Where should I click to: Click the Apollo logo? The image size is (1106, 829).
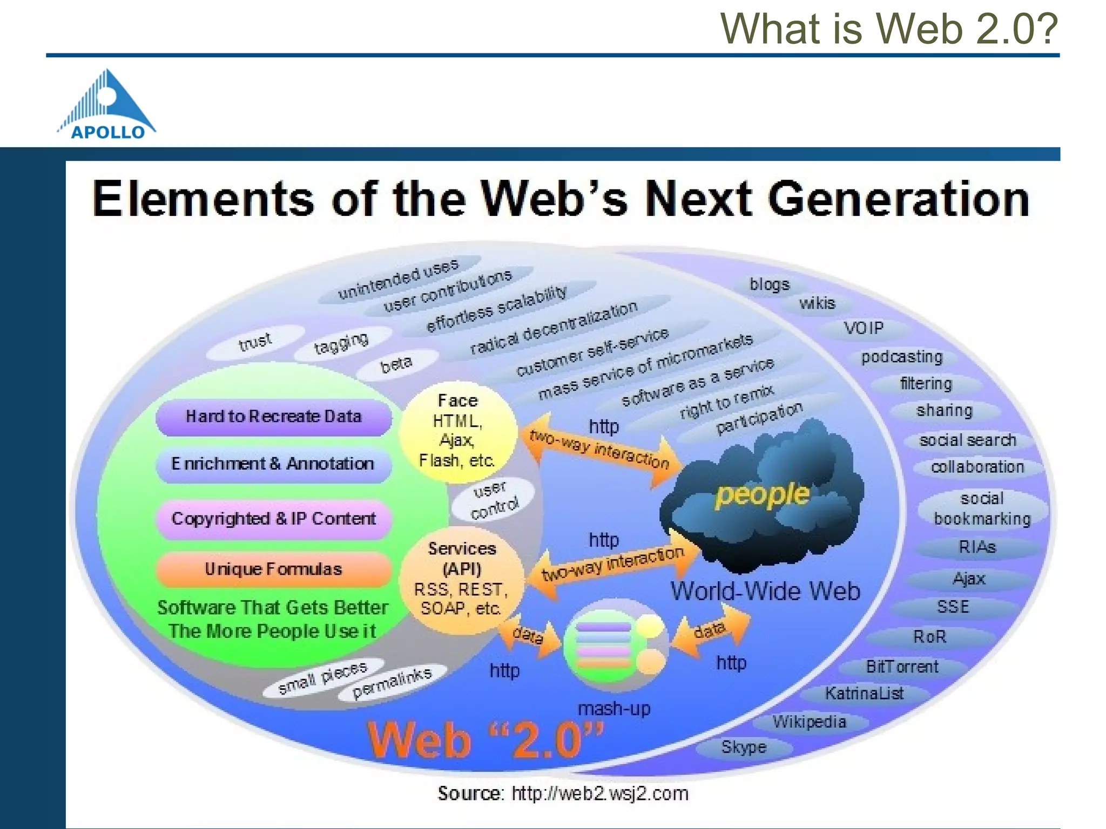coord(107,105)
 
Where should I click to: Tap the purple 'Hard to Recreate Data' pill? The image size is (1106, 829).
coord(273,417)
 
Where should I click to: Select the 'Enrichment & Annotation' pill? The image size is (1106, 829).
coord(273,464)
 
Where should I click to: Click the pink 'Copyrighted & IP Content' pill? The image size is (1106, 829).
coord(273,519)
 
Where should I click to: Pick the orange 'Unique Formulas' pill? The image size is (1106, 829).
coord(273,569)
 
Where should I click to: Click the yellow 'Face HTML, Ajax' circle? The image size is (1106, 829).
coord(457,431)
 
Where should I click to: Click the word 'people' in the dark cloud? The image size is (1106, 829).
coord(762,494)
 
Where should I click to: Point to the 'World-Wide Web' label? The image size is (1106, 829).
coord(765,591)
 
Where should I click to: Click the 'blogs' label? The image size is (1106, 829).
coord(769,284)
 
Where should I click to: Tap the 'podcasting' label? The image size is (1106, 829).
coord(902,357)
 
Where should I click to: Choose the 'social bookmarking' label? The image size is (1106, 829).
coord(982,508)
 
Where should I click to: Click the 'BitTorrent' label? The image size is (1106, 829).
coord(902,667)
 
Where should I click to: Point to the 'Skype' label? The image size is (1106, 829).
coord(744,748)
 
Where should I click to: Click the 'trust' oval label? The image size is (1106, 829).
coord(255,342)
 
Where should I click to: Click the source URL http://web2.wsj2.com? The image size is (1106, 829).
coord(599,793)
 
